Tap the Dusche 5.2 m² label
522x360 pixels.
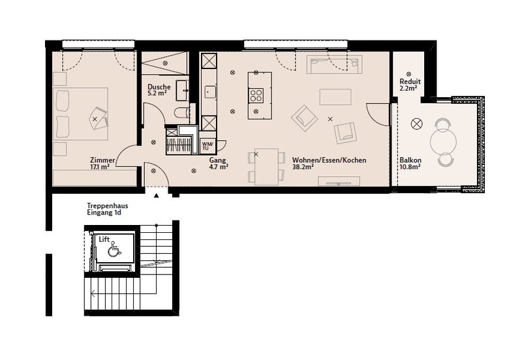159,90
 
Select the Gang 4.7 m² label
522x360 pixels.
219,163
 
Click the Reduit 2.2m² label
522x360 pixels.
410,85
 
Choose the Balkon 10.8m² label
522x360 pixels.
410,163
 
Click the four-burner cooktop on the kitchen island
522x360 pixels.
256,95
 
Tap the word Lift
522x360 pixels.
104,239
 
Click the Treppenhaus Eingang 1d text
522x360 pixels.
107,209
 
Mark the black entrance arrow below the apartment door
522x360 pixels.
156,196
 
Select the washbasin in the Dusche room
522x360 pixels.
182,90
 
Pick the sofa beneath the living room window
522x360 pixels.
335,65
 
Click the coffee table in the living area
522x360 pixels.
335,97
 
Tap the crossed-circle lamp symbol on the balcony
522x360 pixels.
416,124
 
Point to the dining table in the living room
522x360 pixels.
266,167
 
